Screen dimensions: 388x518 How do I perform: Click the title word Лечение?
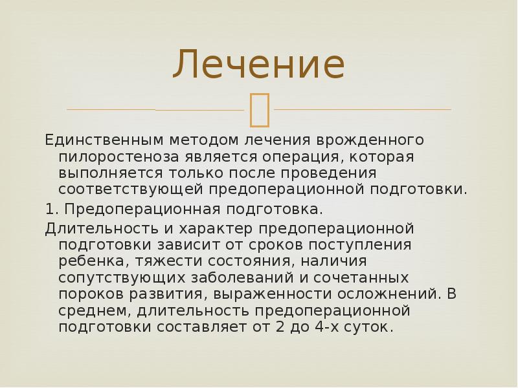pyautogui.click(x=258, y=65)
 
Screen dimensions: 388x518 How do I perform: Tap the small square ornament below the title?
pyautogui.click(x=258, y=109)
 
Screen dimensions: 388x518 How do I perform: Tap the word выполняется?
pyautogui.click(x=111, y=173)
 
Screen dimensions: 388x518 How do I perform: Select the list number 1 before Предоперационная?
pyautogui.click(x=49, y=210)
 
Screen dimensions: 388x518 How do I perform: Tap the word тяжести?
pyautogui.click(x=150, y=261)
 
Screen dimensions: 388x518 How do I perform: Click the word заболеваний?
pyautogui.click(x=236, y=277)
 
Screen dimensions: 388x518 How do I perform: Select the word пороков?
pyautogui.click(x=85, y=294)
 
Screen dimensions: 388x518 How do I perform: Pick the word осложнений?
pyautogui.click(x=387, y=294)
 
